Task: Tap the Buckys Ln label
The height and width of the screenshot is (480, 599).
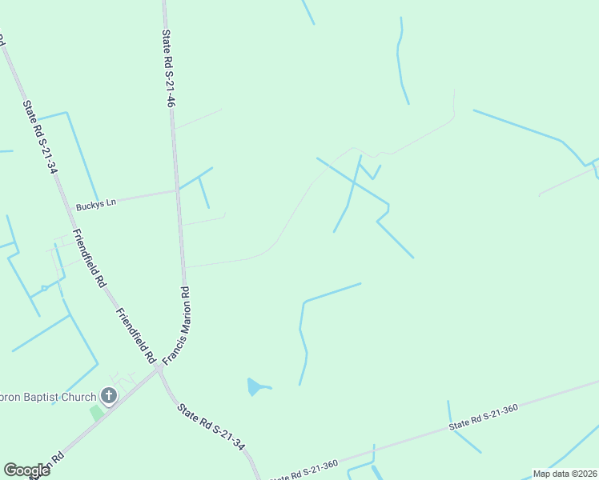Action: click(95, 204)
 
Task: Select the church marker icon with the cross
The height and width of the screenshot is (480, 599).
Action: click(108, 395)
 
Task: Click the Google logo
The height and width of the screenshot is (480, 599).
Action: click(26, 470)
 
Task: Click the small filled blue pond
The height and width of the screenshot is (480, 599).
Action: click(255, 387)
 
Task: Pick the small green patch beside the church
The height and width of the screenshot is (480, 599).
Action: click(96, 413)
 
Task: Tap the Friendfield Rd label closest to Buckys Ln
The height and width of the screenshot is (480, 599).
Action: click(89, 258)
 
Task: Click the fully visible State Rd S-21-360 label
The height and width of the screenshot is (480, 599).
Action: click(483, 418)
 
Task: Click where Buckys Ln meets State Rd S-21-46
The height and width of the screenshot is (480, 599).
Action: click(176, 190)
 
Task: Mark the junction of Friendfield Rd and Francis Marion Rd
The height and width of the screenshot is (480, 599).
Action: click(156, 370)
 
